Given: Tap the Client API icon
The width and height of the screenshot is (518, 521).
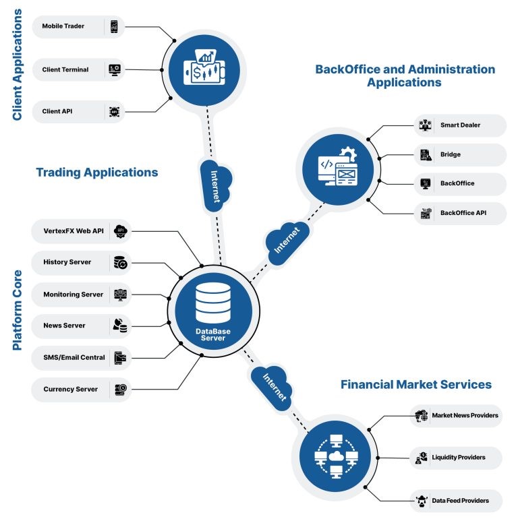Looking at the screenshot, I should [115, 111].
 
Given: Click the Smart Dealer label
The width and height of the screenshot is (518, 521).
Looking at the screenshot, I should [460, 125].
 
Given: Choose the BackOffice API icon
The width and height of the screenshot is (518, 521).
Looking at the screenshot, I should [426, 214].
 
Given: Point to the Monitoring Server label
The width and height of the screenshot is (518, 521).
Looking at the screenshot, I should [73, 295].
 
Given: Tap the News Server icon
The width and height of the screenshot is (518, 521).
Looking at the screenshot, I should [120, 326].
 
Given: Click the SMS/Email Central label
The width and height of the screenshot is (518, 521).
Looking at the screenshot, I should [74, 357].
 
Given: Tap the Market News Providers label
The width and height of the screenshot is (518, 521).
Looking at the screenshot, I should [465, 415].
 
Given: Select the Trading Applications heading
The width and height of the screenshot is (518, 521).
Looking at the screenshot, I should [96, 173].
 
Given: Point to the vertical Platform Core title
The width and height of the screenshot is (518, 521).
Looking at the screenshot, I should [18, 310].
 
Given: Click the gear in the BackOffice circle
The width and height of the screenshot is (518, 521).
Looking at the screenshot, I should [348, 155].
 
